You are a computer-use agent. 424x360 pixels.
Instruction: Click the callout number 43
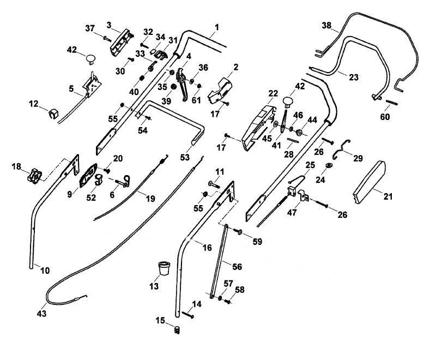[x=41, y=314]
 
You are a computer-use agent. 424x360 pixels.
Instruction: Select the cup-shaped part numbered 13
[x=164, y=268]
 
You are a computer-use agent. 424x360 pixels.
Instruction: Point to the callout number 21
[x=388, y=196]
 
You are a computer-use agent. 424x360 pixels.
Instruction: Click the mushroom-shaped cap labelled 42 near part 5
[x=90, y=59]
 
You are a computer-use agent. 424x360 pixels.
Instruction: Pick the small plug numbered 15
[x=177, y=330]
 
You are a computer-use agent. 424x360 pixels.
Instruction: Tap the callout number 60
[x=385, y=117]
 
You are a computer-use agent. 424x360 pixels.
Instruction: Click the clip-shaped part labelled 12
[x=53, y=113]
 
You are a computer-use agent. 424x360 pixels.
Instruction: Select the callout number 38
[x=326, y=26]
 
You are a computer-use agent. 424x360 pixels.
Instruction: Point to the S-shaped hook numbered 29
[x=341, y=149]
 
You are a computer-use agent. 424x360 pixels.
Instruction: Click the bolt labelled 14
[x=187, y=315]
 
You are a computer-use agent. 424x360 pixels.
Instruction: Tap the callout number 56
[x=237, y=267]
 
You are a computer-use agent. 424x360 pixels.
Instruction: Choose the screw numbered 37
[x=107, y=39]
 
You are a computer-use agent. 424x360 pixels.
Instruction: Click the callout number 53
[x=185, y=157]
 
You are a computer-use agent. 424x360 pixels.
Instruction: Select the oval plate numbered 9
[x=88, y=176]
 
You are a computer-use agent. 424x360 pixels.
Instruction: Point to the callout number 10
[x=45, y=271]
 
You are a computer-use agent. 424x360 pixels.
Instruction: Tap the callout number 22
[x=273, y=93]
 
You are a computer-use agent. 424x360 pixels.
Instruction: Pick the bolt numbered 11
[x=214, y=185]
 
